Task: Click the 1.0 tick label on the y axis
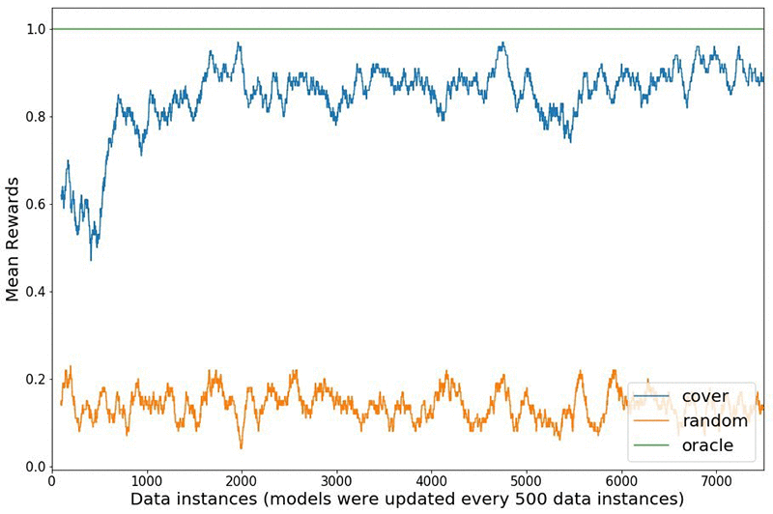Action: tap(33, 30)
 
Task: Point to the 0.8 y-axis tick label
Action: tap(33, 117)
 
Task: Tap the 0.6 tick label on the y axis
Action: tap(33, 204)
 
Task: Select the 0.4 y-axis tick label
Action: tap(33, 292)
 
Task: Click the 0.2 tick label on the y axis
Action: tap(33, 379)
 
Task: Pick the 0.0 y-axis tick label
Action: tap(33, 467)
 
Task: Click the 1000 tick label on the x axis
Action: tap(146, 479)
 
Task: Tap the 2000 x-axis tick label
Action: tap(241, 479)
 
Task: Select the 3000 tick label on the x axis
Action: tap(335, 479)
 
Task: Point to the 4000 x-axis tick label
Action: tap(430, 479)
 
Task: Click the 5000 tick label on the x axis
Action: tap(525, 479)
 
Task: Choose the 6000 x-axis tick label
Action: tap(619, 479)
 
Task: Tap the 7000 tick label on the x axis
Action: tap(714, 479)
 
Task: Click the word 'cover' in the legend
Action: tap(704, 396)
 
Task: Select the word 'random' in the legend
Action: tap(714, 421)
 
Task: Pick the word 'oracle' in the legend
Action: tap(707, 445)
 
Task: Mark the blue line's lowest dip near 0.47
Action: tap(91, 260)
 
